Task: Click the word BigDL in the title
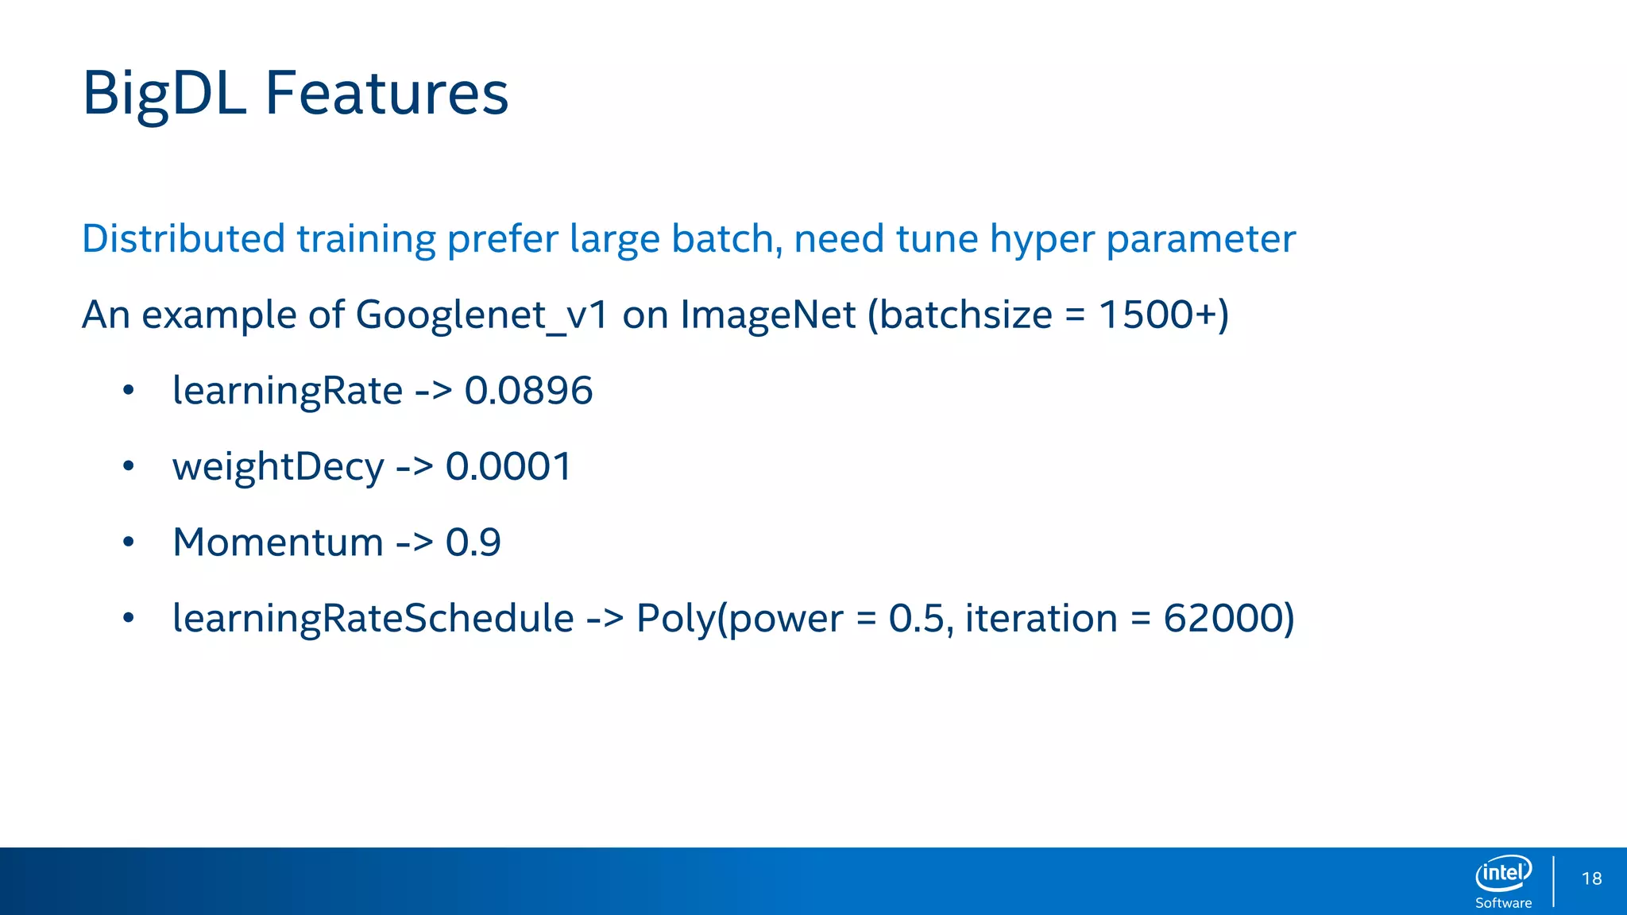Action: coord(164,94)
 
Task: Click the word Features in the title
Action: coord(386,94)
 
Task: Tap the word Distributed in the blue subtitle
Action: coord(183,238)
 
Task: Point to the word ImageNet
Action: coord(767,315)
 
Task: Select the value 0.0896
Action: coord(528,391)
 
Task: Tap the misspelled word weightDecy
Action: coord(278,467)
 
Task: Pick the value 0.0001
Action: coord(508,466)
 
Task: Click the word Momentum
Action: coord(278,542)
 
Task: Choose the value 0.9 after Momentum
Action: coord(473,542)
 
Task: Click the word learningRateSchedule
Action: coord(373,618)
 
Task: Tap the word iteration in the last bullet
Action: coord(1041,618)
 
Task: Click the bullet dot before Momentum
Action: coord(129,542)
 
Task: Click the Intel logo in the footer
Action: coord(1503,873)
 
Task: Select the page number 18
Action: coord(1591,878)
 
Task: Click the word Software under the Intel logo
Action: coord(1503,903)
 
